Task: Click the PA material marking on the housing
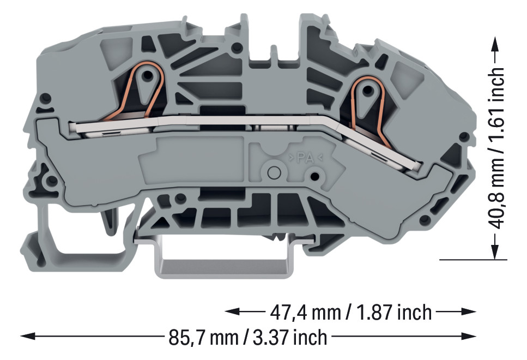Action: [x=305, y=157]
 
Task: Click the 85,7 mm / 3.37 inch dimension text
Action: [x=248, y=337]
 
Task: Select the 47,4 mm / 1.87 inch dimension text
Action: [x=351, y=312]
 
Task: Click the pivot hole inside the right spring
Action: [x=368, y=90]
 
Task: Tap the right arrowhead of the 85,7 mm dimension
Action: [x=469, y=336]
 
